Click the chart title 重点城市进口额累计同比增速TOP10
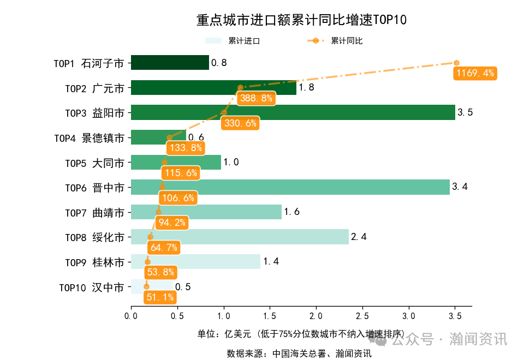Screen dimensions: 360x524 tap(301, 20)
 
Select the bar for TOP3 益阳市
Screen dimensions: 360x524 tap(293, 112)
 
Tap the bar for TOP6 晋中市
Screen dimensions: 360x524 tap(290, 187)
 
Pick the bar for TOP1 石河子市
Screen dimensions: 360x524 tap(170, 63)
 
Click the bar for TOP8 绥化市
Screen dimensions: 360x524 tap(240, 237)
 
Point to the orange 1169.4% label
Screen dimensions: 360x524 tap(475, 73)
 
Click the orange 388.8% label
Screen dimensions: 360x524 tap(256, 98)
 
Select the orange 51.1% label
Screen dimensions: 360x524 tap(160, 297)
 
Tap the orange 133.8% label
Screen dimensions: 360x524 tap(186, 148)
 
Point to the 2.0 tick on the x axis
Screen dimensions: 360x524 tap(315, 316)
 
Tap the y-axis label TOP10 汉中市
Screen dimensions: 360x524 tap(92, 287)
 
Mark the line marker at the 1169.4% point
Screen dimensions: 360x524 tap(456, 63)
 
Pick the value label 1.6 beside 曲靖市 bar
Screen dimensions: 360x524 tap(291, 212)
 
